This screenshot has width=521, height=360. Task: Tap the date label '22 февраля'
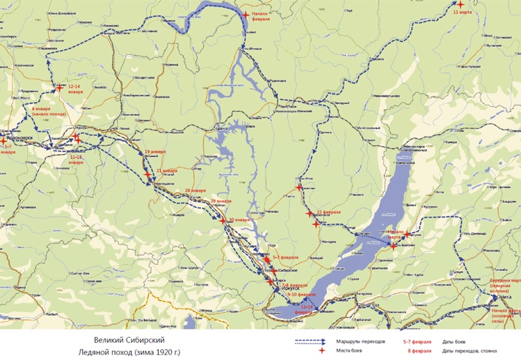tap(328, 211)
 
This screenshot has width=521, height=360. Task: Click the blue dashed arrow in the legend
tap(311, 342)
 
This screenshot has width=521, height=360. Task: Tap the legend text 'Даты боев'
tap(454, 341)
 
